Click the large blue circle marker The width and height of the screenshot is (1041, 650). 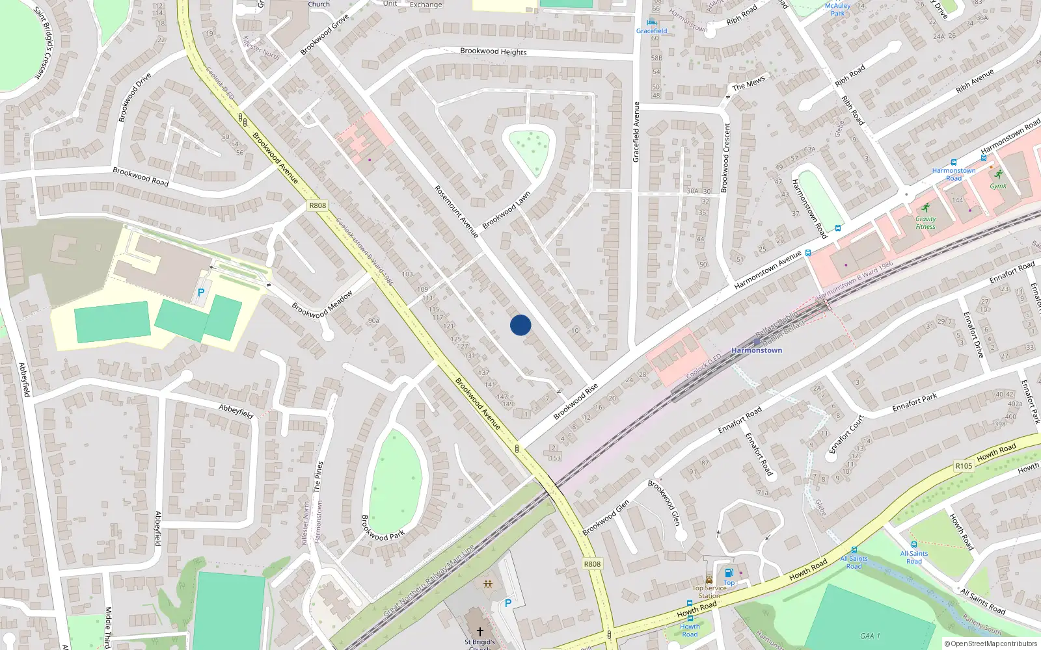[x=520, y=325]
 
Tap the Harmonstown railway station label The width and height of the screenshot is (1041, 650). [x=757, y=350]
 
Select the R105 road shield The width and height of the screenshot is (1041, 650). [x=964, y=466]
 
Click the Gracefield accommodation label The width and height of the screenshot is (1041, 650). [x=651, y=31]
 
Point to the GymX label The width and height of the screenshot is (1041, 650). [x=998, y=186]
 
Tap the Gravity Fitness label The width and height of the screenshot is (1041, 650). [x=925, y=222]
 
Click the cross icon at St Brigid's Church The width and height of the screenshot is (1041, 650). [x=480, y=632]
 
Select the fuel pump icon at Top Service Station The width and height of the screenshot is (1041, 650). [x=729, y=573]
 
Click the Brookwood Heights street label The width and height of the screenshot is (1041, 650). [x=493, y=51]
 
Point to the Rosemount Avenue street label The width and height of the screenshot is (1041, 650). [x=456, y=211]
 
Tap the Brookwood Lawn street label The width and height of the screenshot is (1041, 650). [x=506, y=210]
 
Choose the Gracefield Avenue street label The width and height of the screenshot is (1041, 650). [x=636, y=132]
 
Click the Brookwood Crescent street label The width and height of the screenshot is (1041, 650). [x=726, y=157]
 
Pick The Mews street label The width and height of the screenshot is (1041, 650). [x=748, y=84]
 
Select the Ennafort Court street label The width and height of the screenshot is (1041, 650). [x=846, y=434]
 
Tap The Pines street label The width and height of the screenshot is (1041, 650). [x=318, y=476]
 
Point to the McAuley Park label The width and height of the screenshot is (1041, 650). [x=837, y=9]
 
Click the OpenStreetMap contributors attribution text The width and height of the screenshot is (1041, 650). [x=990, y=643]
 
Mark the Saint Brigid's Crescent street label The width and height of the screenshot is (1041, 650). [x=47, y=43]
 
